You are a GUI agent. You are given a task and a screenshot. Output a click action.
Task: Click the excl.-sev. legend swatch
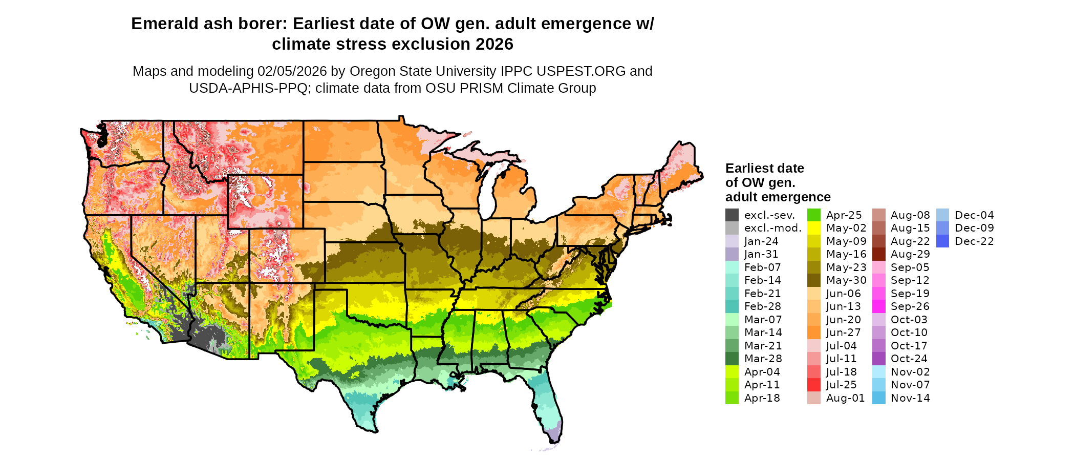(732, 215)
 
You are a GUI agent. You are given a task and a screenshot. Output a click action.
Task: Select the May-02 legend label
(846, 228)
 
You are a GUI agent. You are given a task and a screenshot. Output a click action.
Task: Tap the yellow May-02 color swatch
(814, 228)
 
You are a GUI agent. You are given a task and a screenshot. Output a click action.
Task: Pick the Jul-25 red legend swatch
(814, 385)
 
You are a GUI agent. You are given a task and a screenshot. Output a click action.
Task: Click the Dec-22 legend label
(974, 241)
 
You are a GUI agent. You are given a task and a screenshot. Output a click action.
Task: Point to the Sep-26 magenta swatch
(878, 306)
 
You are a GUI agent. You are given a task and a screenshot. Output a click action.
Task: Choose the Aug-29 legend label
(910, 254)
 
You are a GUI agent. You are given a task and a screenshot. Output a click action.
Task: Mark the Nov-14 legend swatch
(878, 398)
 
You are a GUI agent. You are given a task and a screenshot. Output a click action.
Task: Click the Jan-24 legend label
(761, 241)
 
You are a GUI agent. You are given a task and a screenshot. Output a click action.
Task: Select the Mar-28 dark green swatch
(732, 359)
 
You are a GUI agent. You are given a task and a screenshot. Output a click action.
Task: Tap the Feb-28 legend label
(762, 306)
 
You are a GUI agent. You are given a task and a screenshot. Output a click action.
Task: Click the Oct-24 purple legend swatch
(878, 359)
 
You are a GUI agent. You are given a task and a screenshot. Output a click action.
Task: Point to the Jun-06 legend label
(844, 294)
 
